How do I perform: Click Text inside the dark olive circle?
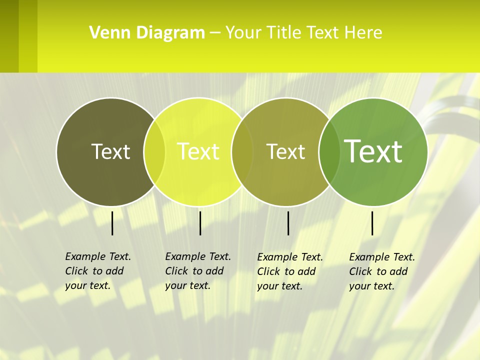(110, 151)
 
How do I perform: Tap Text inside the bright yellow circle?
(198, 151)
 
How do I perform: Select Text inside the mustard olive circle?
(285, 151)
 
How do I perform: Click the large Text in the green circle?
(373, 151)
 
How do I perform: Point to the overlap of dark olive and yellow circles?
(154, 151)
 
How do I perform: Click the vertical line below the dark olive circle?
(112, 223)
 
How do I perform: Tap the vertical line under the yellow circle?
(200, 223)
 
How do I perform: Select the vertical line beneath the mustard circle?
(288, 223)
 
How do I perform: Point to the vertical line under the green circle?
(372, 223)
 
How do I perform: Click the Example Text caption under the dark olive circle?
(98, 271)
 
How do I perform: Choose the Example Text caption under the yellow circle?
(198, 271)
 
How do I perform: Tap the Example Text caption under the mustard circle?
(290, 271)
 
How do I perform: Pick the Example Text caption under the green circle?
(382, 271)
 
